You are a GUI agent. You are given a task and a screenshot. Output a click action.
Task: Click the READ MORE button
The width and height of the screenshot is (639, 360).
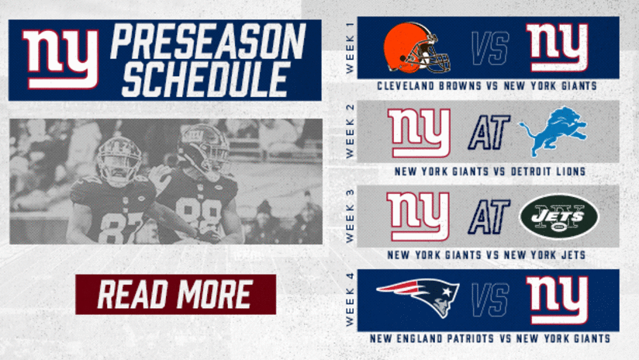click(175, 294)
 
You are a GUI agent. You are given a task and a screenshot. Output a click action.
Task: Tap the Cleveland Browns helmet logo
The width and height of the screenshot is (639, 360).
click(417, 48)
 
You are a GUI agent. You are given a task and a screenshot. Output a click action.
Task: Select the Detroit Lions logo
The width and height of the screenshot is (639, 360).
click(554, 131)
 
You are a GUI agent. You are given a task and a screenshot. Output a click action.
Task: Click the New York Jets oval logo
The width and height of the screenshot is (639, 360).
click(559, 216)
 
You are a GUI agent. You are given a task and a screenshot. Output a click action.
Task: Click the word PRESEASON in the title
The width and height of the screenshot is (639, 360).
click(208, 41)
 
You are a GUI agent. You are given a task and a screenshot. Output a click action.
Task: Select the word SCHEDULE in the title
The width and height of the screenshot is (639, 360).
click(206, 79)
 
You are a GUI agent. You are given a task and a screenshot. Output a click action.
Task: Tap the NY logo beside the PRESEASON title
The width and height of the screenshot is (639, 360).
click(60, 59)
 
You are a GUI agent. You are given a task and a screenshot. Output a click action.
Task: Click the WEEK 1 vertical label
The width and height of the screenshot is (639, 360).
click(350, 48)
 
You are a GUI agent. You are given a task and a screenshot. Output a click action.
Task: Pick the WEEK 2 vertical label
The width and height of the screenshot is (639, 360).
click(350, 131)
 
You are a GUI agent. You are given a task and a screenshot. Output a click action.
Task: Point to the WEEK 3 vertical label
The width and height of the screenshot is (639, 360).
click(350, 216)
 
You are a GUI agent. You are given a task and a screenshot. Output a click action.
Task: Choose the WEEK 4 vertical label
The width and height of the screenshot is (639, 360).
click(350, 300)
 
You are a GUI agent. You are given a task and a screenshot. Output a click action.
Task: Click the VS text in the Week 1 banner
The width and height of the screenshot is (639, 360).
click(490, 49)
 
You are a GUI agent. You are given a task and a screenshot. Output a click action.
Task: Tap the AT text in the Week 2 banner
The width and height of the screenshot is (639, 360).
click(489, 132)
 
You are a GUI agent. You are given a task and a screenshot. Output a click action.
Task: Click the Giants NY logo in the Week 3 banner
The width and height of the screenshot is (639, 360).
click(418, 216)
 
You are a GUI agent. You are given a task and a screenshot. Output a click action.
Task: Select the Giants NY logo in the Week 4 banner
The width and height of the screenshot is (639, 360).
click(558, 300)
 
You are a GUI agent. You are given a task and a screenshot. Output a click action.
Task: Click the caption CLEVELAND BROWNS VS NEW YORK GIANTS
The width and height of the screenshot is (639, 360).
click(487, 86)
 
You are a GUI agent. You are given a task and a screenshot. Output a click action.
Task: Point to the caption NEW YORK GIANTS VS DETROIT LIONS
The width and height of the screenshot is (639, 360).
click(489, 171)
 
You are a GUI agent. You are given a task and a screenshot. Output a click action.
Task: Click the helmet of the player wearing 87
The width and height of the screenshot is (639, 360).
click(119, 160)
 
